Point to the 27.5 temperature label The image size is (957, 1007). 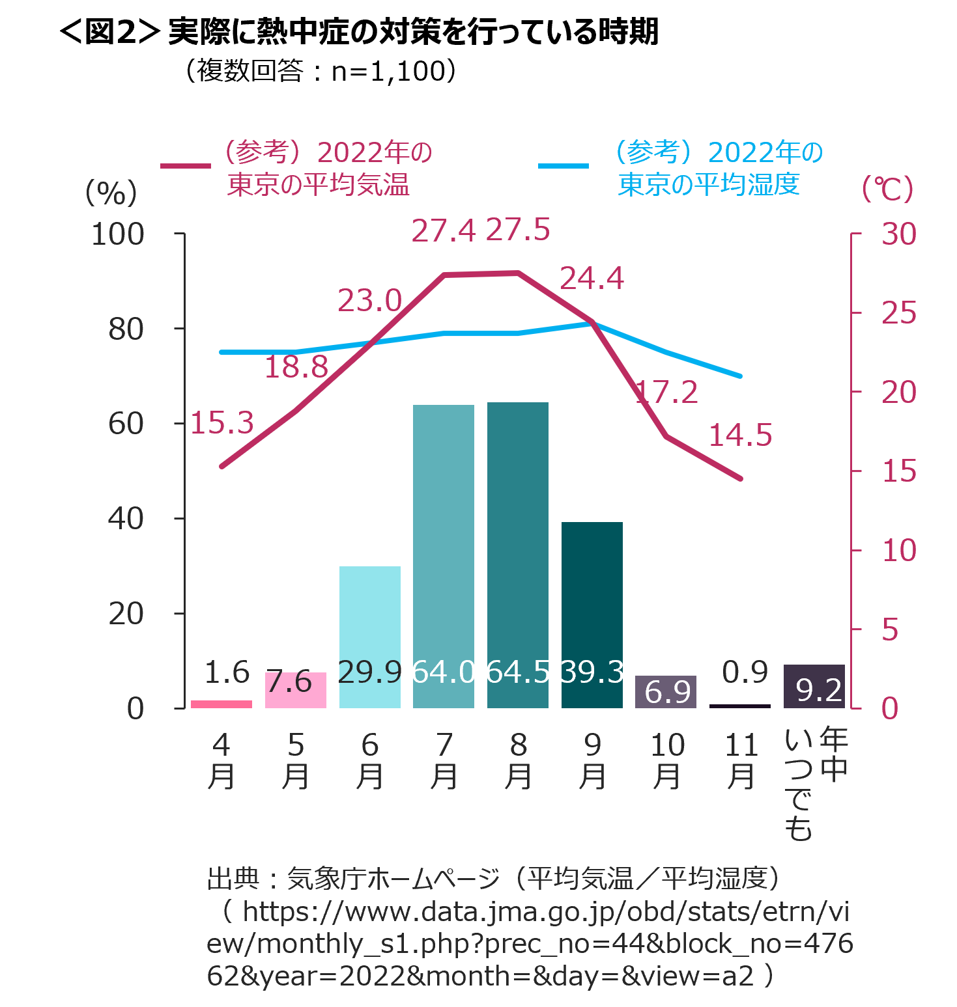pyautogui.click(x=518, y=230)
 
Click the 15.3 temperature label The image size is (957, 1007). pyautogui.click(x=222, y=423)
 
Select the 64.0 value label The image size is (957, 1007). pyautogui.click(x=444, y=672)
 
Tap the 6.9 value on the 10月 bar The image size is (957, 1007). pyautogui.click(x=667, y=692)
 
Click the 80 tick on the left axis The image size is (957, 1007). pyautogui.click(x=126, y=329)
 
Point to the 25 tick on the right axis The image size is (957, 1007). pyautogui.click(x=898, y=314)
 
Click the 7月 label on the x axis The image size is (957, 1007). pyautogui.click(x=444, y=760)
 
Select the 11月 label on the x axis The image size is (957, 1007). pyautogui.click(x=741, y=760)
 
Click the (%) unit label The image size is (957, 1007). pyautogui.click(x=111, y=193)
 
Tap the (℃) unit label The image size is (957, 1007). pyautogui.click(x=887, y=189)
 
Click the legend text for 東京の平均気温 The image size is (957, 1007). pyautogui.click(x=319, y=184)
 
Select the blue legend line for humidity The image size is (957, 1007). pyautogui.click(x=563, y=166)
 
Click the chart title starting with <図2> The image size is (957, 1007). pyautogui.click(x=358, y=32)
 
